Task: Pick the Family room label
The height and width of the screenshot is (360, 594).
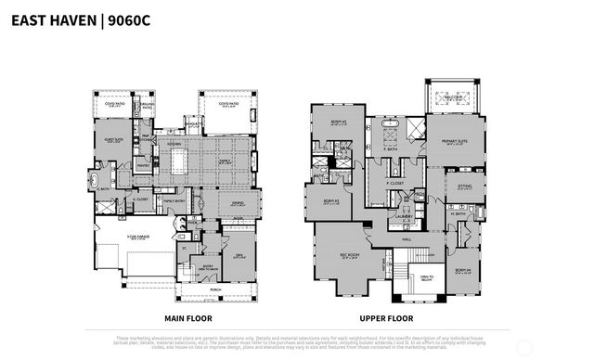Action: pos(226,161)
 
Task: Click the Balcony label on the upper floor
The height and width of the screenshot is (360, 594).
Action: pos(455,96)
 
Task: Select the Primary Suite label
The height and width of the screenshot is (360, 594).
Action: pos(454,142)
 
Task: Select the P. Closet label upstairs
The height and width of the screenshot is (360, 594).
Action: pos(395,183)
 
